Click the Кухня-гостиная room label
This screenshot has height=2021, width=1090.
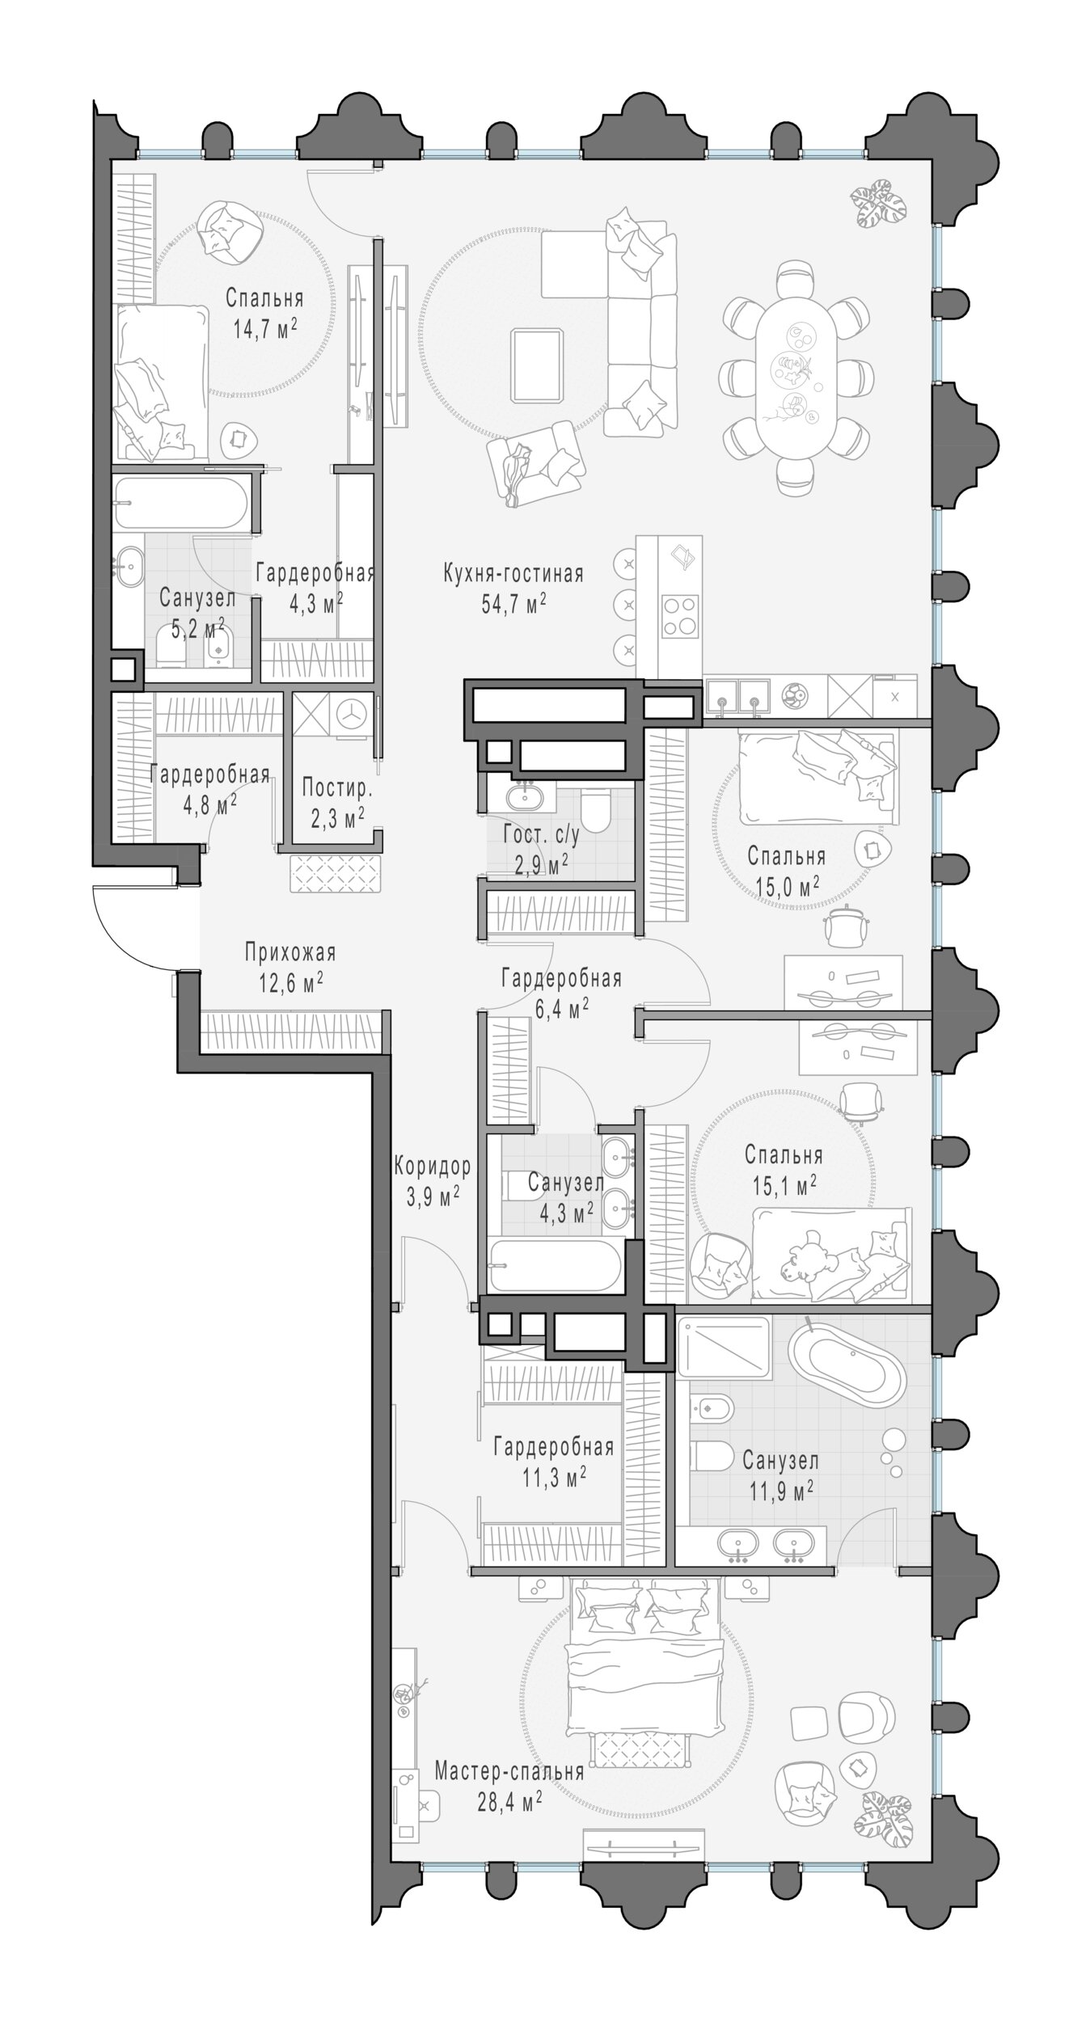coord(513,574)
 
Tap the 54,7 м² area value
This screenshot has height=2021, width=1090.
coord(513,604)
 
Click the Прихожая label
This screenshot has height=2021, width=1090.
coord(290,953)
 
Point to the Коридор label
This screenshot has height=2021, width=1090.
coord(433,1166)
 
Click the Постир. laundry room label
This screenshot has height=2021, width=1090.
coord(337,787)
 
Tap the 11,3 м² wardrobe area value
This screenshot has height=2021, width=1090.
coord(554,1477)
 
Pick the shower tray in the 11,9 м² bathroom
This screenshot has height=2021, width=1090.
coord(724,1348)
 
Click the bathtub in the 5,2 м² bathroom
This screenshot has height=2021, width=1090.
coord(180,503)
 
